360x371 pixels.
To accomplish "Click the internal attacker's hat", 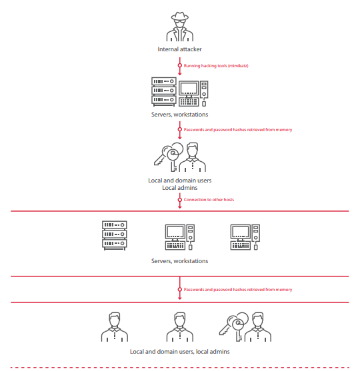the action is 180,16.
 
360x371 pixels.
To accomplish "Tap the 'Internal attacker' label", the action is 179,49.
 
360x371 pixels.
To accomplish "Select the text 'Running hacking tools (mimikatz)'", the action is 216,66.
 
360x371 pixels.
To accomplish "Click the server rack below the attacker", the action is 163,91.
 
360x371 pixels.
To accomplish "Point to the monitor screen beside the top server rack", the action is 189,89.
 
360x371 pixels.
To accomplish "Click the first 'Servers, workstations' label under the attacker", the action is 179,115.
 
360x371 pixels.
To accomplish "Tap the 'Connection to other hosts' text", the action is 209,200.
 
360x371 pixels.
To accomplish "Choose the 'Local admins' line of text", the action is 180,188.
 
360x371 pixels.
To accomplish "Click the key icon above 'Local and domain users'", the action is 169,156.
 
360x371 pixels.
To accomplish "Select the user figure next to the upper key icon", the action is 192,157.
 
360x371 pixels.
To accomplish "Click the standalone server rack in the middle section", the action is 115,235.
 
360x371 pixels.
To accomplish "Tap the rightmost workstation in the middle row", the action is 245,237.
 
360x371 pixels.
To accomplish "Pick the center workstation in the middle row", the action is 180,237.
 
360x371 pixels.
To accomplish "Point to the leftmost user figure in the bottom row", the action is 115,327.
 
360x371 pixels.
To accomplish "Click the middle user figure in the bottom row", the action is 180,327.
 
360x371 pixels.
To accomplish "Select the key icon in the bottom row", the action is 234,326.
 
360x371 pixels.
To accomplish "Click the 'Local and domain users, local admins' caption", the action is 180,352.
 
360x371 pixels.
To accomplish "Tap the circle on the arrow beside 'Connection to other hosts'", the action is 180,200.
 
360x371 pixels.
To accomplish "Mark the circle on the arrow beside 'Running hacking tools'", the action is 180,65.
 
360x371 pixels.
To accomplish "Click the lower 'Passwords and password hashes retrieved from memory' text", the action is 238,290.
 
